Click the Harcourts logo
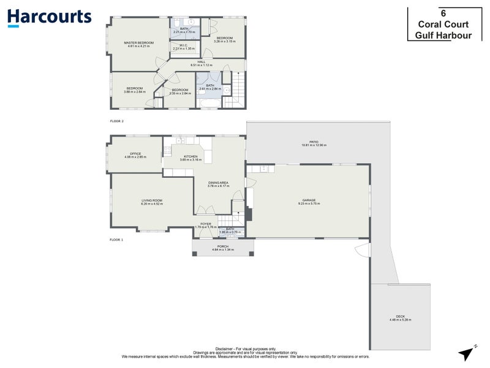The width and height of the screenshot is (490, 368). [x=49, y=17]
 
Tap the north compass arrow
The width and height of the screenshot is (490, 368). [x=467, y=351]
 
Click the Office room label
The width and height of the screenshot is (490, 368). [x=135, y=155]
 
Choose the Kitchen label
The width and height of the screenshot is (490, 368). [x=191, y=158]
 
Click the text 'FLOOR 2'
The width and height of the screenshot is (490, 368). [x=116, y=121]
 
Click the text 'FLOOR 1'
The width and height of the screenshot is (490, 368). [x=116, y=239]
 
